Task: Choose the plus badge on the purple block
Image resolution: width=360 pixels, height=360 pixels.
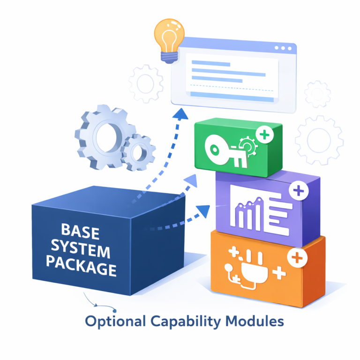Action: pos(297,190)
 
